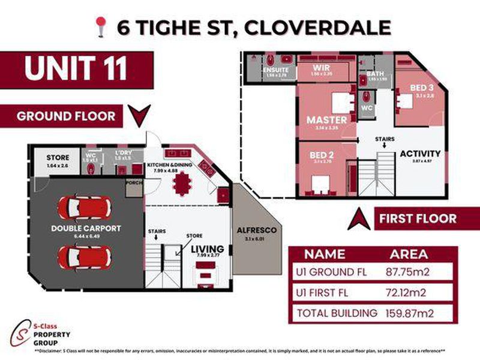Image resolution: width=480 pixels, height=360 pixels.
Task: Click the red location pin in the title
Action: pos(100,26)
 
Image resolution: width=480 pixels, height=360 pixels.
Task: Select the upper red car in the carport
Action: pos(84,208)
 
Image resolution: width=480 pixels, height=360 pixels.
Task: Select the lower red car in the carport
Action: pos(84,257)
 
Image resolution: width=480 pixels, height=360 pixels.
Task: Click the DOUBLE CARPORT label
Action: pos(86,228)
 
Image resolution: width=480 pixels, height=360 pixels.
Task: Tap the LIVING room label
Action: pos(207,249)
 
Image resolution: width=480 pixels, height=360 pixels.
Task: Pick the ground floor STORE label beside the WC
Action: pos(58,158)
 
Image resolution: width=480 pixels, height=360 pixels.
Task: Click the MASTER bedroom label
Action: pos(327,119)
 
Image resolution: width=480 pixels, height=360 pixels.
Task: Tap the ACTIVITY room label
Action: pos(420,154)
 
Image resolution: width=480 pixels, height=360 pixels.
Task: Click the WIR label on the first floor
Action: pos(318,68)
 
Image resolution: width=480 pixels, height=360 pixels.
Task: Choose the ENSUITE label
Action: pos(276,70)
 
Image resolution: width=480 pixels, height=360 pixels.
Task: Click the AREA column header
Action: pos(409,254)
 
